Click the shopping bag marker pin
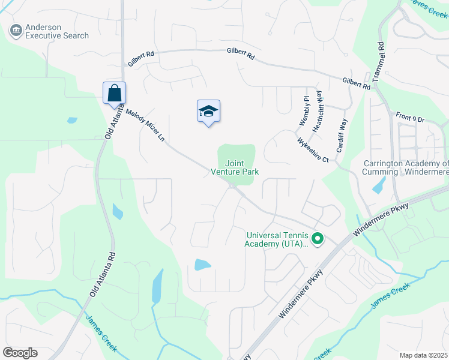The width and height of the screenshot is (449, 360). (x=114, y=94)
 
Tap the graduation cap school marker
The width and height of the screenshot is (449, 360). (x=208, y=112)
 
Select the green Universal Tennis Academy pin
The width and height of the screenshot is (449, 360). (x=318, y=240)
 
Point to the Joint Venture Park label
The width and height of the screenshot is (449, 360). (x=234, y=167)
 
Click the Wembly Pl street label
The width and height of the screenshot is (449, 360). (x=304, y=110)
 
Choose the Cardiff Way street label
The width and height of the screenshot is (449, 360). (x=342, y=134)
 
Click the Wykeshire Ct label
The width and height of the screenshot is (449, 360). (x=313, y=150)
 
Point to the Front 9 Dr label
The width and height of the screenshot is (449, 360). (x=410, y=117)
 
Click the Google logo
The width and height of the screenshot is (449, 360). (x=20, y=353)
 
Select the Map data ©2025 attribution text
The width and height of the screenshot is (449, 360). (x=423, y=355)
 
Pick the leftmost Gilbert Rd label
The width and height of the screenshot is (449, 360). (x=140, y=59)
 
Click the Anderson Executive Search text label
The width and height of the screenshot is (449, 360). (x=56, y=31)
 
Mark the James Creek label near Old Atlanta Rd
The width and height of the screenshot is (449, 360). (x=100, y=334)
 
